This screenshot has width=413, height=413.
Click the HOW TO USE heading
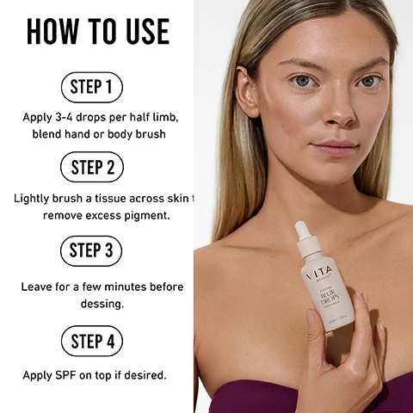97,31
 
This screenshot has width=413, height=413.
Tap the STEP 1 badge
91,87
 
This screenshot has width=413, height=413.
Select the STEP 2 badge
91,167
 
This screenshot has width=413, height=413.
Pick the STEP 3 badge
91,250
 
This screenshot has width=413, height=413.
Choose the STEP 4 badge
91,342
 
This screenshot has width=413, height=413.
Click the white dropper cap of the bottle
303,233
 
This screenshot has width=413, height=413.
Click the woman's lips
336,147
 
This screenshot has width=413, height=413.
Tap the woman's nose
340,111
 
